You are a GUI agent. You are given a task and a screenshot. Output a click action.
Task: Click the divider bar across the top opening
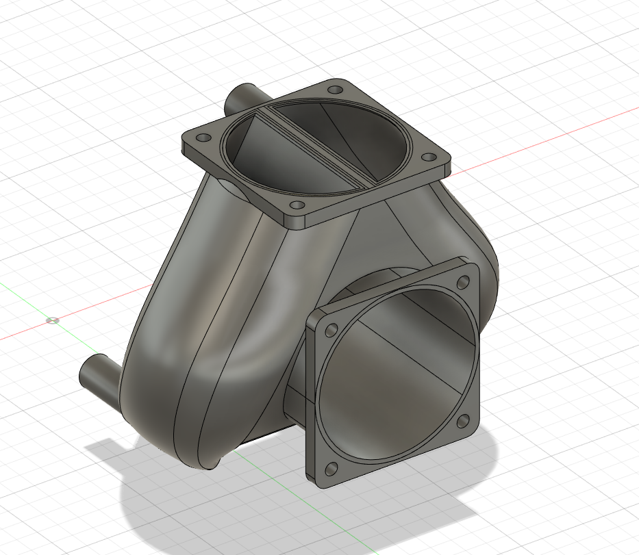315,144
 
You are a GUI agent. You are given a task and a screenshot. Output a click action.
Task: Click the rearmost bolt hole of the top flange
335,90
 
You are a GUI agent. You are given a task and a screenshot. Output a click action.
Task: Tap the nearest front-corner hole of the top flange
297,205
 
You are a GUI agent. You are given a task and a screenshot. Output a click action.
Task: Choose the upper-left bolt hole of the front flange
331,330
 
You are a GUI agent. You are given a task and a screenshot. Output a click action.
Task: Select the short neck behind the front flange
295,404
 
